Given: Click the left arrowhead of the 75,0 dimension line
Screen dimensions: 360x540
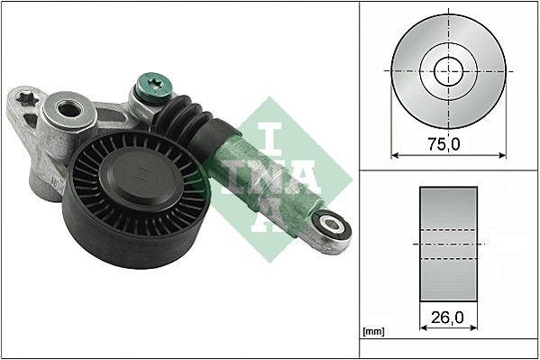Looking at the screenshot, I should coord(395,154).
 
